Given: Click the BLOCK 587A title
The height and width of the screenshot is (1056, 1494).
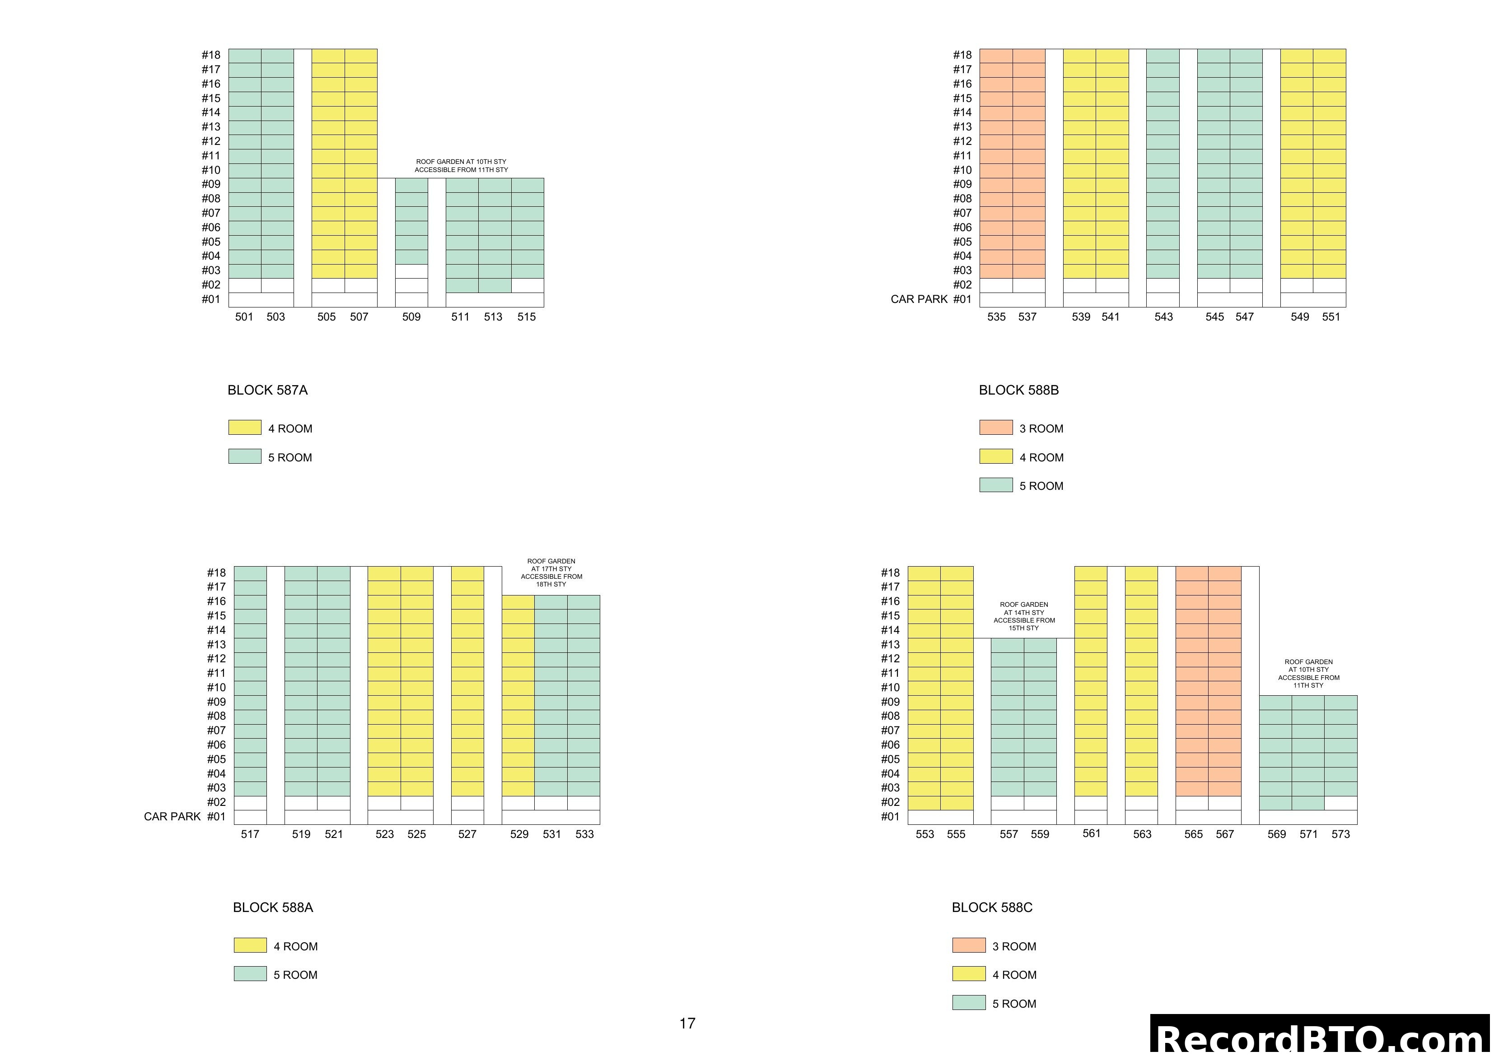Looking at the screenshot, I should coord(267,391).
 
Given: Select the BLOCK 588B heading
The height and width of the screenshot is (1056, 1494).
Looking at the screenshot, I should coord(1018,391).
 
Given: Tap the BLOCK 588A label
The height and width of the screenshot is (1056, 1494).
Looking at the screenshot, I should coord(273,907).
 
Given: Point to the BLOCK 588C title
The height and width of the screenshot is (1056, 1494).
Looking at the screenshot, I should coord(992,907).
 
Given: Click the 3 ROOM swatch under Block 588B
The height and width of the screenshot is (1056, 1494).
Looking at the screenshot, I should coord(995,428).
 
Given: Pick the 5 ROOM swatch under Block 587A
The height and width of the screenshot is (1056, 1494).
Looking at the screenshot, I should coord(245,457).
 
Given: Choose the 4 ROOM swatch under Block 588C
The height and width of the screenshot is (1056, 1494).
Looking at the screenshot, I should coord(968,974).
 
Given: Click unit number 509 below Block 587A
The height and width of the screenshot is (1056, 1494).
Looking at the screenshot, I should coord(411,317).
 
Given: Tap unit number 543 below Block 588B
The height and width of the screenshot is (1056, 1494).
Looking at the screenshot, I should coord(1163,317).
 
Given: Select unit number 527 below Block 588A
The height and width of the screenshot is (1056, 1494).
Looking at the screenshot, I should coord(467,834).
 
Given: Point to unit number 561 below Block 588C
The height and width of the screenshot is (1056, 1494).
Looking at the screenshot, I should coord(1091,833).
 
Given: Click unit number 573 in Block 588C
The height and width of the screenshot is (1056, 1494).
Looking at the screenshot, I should coord(1340,834).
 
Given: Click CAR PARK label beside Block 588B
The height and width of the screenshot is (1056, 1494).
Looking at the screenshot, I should coord(919,299).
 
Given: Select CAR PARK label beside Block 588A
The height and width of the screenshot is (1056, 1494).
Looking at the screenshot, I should coord(172,817).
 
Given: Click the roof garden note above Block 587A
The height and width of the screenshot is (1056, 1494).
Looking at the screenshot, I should coord(462,166).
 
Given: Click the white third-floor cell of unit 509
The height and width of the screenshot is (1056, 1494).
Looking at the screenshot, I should coord(411,271).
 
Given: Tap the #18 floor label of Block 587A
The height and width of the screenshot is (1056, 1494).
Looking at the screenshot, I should coord(211,55).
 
